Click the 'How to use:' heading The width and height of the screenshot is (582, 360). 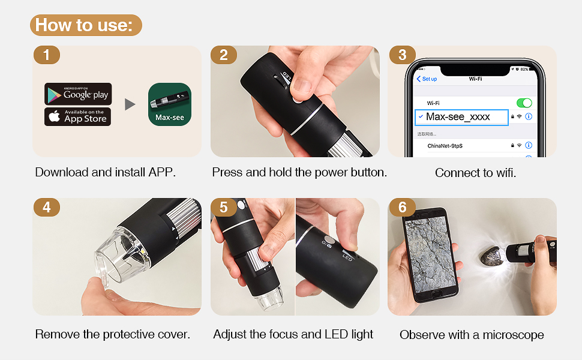click(x=85, y=25)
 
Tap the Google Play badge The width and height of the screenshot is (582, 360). click(x=78, y=94)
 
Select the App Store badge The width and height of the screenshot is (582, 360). click(x=78, y=116)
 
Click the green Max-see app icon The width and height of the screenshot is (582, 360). click(x=170, y=104)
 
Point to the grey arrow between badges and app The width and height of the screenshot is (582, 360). click(x=130, y=104)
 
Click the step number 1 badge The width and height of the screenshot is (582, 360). click(x=46, y=55)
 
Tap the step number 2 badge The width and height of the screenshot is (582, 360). click(x=224, y=55)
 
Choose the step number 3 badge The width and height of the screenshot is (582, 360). click(x=402, y=55)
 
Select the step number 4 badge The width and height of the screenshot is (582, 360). click(x=46, y=208)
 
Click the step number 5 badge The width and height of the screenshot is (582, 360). click(x=224, y=208)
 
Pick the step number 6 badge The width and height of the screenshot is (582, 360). click(x=402, y=208)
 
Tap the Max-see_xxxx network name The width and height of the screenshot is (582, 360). click(x=458, y=117)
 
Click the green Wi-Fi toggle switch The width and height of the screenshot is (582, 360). click(x=524, y=103)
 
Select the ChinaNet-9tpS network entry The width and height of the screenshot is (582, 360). click(x=445, y=146)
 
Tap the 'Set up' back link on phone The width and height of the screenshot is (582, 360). click(x=427, y=79)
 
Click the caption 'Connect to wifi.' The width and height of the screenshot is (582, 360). click(x=475, y=173)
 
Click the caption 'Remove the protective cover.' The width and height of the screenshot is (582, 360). click(x=113, y=334)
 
